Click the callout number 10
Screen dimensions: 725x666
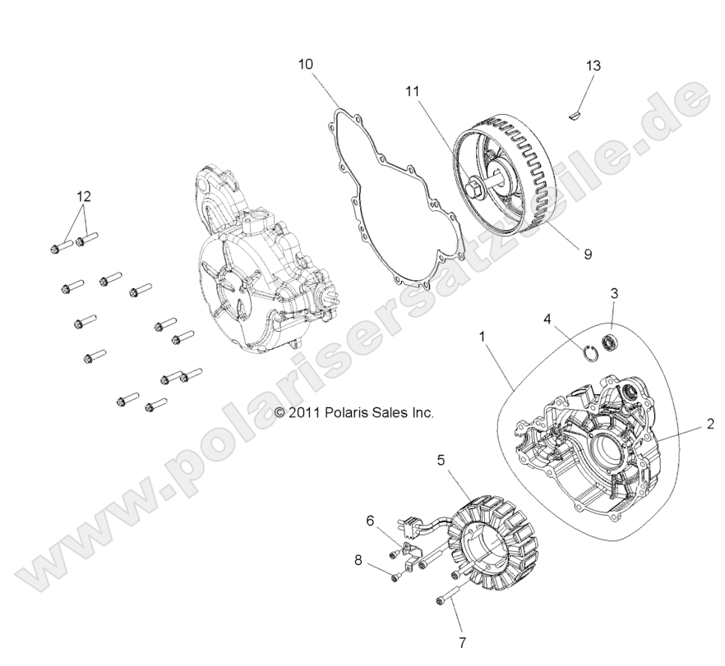click(306, 63)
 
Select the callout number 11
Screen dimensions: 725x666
click(413, 93)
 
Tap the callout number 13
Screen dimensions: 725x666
click(593, 65)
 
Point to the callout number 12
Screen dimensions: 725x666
click(84, 197)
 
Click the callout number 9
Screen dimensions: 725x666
click(588, 255)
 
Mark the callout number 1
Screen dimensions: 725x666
click(483, 337)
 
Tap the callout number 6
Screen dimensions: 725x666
click(370, 520)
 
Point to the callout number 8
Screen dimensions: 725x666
click(358, 561)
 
